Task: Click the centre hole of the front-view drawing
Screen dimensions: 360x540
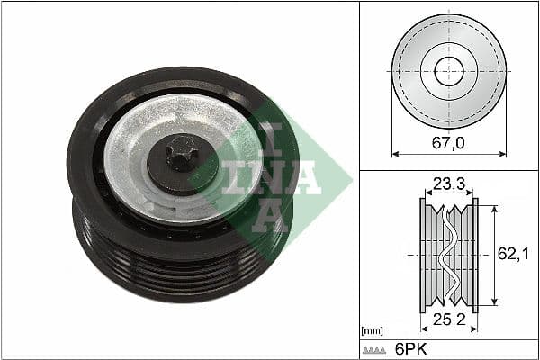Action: [x=448, y=71]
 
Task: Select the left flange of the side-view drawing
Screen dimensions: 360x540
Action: [x=423, y=255]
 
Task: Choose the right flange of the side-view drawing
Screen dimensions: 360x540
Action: [x=474, y=255]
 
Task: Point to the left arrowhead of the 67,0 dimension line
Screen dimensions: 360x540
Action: [x=395, y=154]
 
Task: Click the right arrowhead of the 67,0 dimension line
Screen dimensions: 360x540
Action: [x=502, y=154]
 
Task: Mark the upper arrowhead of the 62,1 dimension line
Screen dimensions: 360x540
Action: [x=493, y=202]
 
